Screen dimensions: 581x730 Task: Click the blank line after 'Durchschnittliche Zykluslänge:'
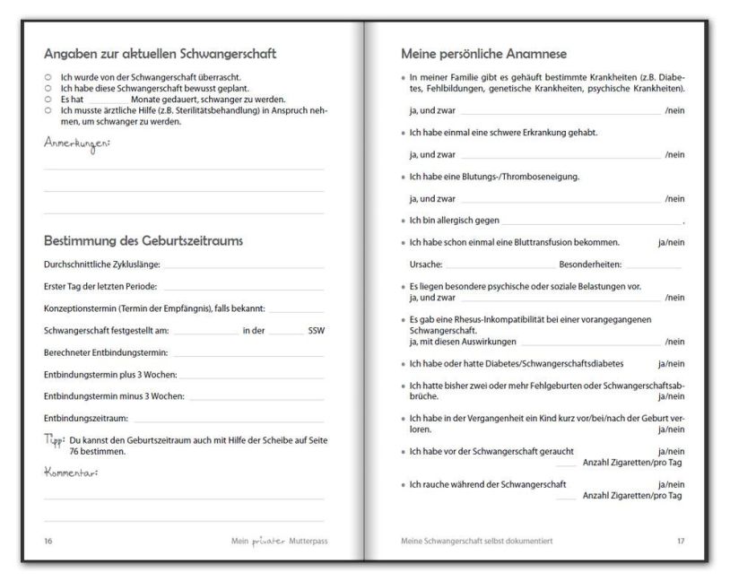[242, 264]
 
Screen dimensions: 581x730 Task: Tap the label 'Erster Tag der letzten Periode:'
[100, 287]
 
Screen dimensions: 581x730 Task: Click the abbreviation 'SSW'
[316, 331]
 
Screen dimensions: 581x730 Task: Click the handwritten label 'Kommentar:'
[71, 472]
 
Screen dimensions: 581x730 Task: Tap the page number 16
[48, 542]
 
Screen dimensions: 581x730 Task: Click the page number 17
[679, 542]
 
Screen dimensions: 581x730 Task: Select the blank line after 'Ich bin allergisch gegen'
[591, 220]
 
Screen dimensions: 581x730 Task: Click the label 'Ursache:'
[424, 264]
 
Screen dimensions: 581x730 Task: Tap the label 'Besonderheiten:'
[590, 264]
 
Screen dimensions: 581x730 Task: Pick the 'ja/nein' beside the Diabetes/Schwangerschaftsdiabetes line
[671, 363]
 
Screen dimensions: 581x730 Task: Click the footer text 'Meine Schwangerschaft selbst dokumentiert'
[476, 542]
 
